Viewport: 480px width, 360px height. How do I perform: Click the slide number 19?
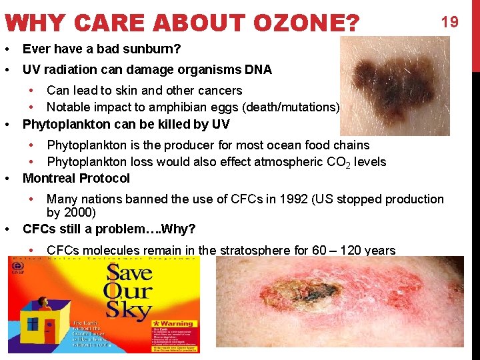point(450,22)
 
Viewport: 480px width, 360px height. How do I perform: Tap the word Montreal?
point(49,178)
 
